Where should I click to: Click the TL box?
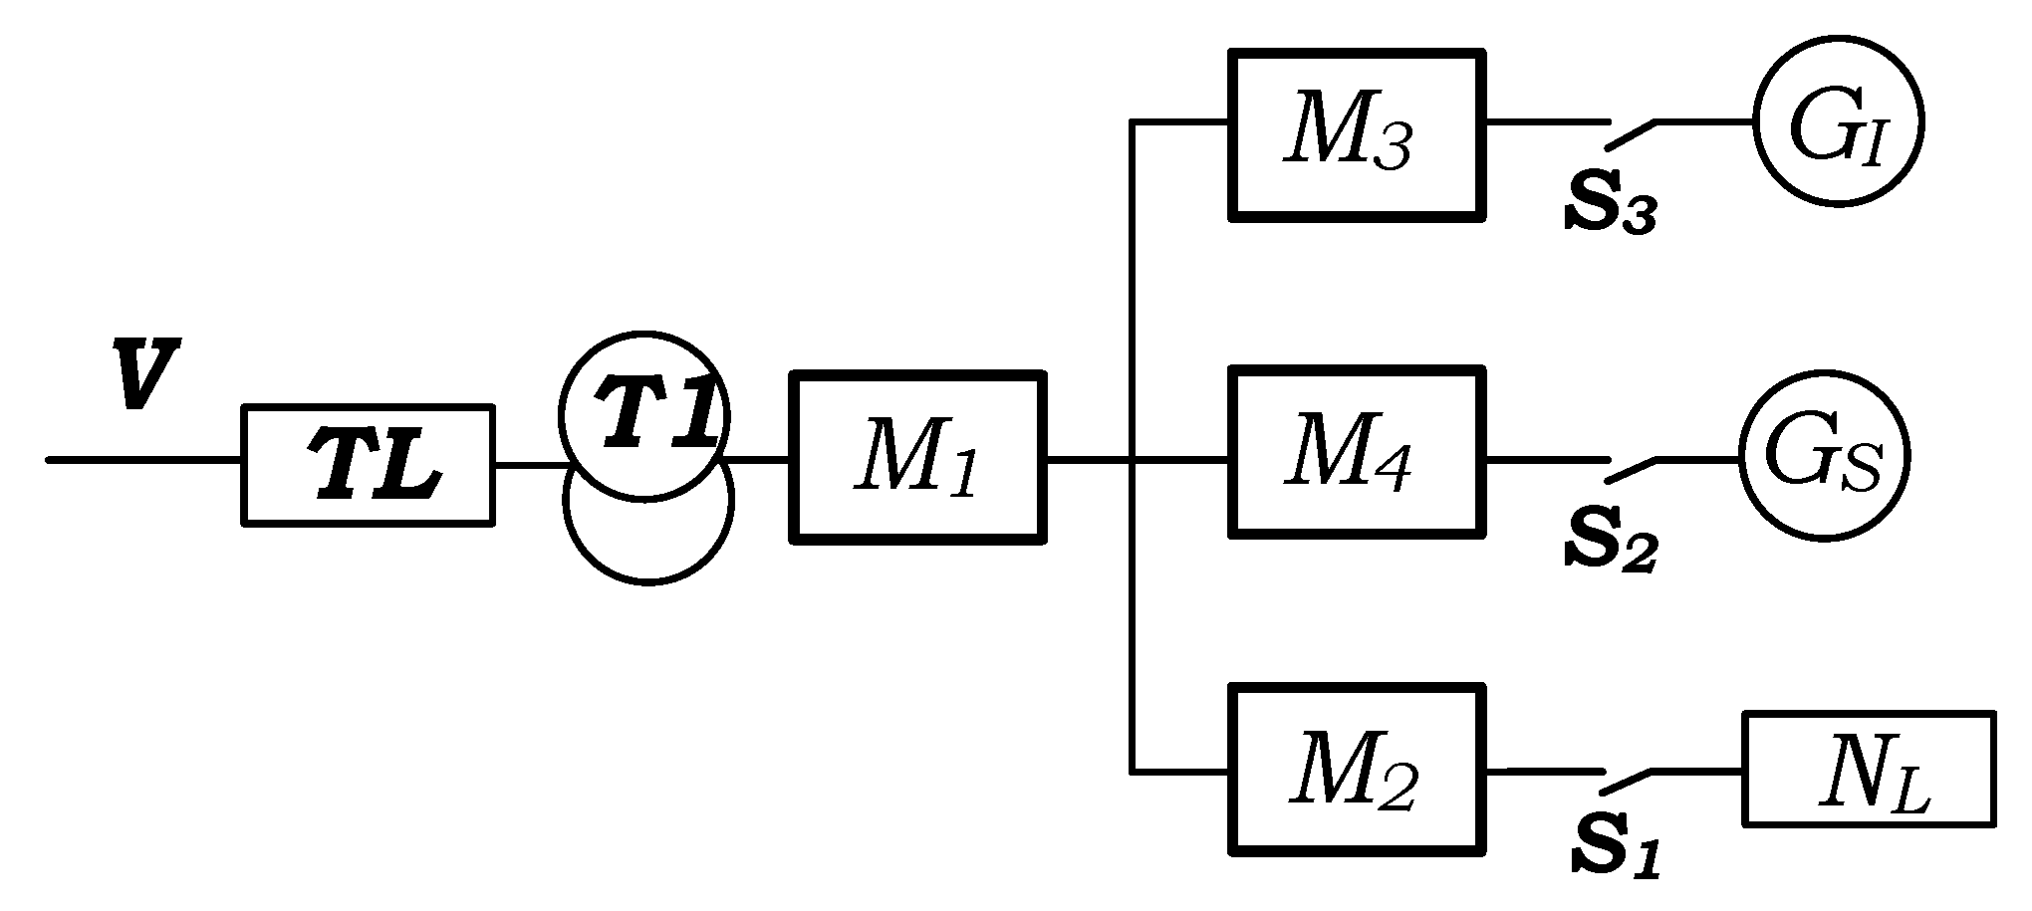(369, 465)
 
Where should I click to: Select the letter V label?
(146, 373)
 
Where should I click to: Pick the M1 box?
(917, 458)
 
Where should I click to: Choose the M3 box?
(1357, 133)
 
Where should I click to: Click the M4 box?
(1357, 452)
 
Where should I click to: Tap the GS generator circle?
(1824, 459)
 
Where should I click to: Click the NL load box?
(1869, 768)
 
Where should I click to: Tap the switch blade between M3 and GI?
(1632, 134)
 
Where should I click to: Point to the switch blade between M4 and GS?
(1632, 470)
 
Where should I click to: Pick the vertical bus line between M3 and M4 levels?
(1132, 289)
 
